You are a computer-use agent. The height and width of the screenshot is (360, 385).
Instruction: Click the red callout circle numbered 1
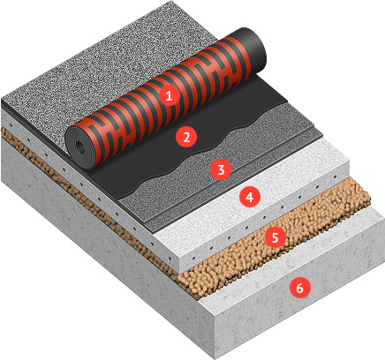[169, 95]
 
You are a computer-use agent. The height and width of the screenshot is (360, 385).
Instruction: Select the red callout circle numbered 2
[186, 137]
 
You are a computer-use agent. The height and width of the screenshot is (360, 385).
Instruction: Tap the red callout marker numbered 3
[221, 169]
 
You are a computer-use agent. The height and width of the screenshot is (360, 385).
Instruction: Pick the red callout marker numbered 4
[250, 197]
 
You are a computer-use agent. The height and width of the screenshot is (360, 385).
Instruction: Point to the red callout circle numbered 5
[275, 237]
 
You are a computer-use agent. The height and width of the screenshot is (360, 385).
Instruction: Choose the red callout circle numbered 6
[299, 288]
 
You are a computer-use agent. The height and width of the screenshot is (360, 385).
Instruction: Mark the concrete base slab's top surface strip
[291, 259]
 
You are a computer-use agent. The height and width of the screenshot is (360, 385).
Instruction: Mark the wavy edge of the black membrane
[206, 148]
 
